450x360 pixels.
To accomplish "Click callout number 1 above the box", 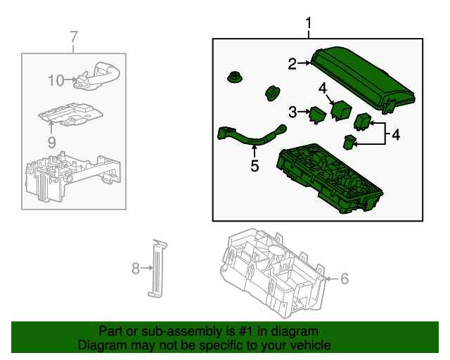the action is pyautogui.click(x=309, y=23).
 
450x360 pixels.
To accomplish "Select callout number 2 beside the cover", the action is pyautogui.click(x=292, y=64).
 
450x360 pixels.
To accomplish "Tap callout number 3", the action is pyautogui.click(x=292, y=112).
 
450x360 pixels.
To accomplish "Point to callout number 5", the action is pyautogui.click(x=255, y=166).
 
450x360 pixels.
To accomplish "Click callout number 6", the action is pyautogui.click(x=345, y=278).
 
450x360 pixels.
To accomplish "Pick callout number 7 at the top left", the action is pyautogui.click(x=74, y=37).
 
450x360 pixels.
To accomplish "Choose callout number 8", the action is pyautogui.click(x=136, y=269).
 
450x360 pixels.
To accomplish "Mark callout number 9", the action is pyautogui.click(x=51, y=142).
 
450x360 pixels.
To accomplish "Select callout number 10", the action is pyautogui.click(x=56, y=80).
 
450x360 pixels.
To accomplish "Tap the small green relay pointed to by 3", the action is pyautogui.click(x=318, y=115).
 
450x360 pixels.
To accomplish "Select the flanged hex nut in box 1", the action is pyautogui.click(x=235, y=77).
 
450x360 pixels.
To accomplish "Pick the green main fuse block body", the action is pyautogui.click(x=330, y=179).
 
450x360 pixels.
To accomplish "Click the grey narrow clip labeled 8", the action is pyautogui.click(x=157, y=269).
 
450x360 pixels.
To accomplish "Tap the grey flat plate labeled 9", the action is pyautogui.click(x=70, y=114).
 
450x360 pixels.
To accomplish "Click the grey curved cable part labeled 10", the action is pyautogui.click(x=96, y=76).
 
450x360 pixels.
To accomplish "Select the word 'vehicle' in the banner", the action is pyautogui.click(x=311, y=345).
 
